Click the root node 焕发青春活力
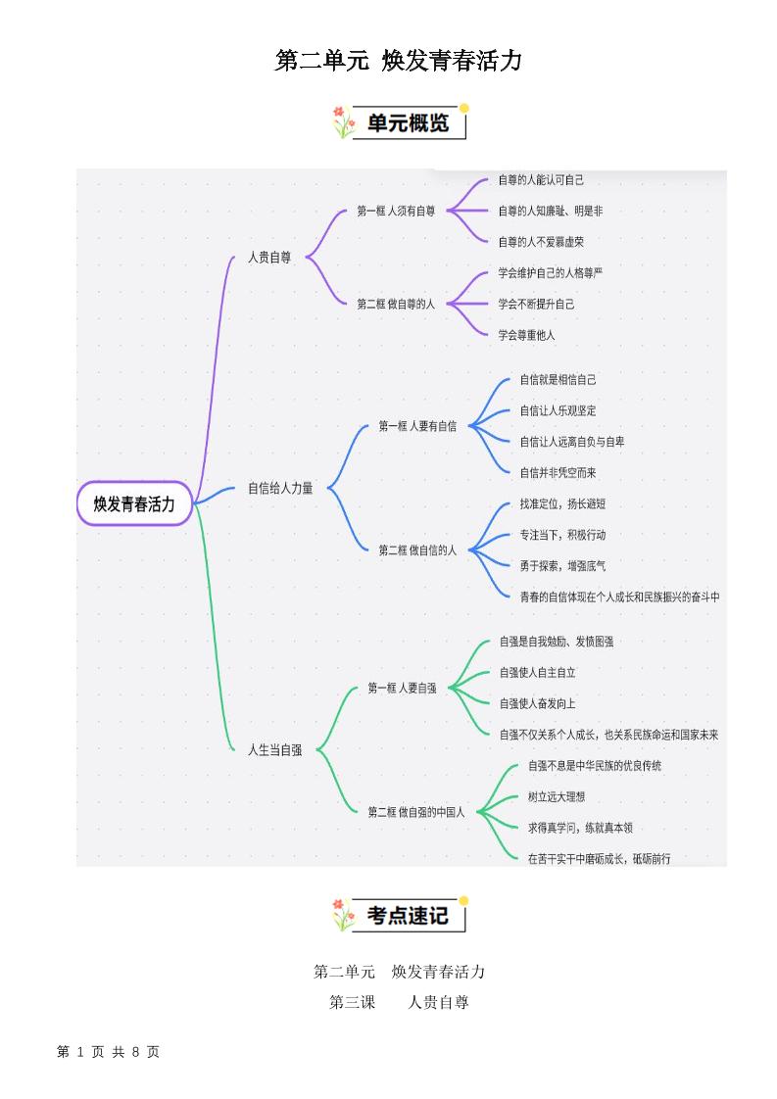(x=134, y=503)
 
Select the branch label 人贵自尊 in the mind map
(x=269, y=258)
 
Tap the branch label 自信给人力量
(x=280, y=488)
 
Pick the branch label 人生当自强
(x=275, y=749)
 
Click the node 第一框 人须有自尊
(x=396, y=211)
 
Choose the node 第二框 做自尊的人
(x=396, y=304)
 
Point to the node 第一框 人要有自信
(x=417, y=426)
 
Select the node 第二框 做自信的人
(x=417, y=550)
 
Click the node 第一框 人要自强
(x=402, y=689)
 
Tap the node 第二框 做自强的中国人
(x=416, y=812)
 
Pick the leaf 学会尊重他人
(x=526, y=335)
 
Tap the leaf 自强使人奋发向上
(x=537, y=703)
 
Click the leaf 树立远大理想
(x=557, y=796)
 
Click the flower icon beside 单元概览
(x=343, y=123)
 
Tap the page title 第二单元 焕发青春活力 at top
(x=398, y=62)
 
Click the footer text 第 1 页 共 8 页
(x=109, y=1051)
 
